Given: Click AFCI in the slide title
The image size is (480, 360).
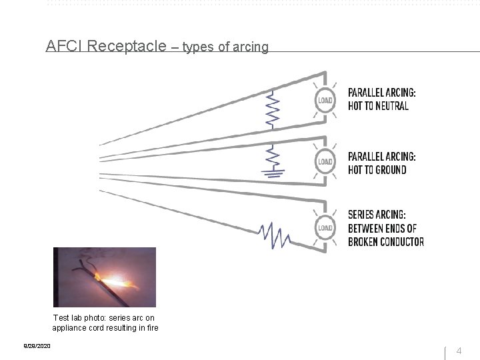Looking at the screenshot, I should tap(65, 46).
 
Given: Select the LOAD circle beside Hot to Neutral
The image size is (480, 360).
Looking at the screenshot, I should tap(325, 100).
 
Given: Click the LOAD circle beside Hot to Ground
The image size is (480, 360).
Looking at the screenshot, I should tap(325, 161).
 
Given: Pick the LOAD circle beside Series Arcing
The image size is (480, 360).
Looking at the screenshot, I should tap(325, 227).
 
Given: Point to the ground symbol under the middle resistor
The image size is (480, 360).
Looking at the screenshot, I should tap(273, 174).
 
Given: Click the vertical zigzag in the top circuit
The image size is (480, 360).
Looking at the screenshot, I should tap(273, 110).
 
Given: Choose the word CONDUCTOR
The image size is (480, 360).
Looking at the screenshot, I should tap(403, 241).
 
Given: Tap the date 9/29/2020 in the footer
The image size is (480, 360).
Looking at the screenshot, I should tap(37, 346).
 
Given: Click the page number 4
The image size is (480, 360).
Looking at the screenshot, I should tap(459, 351).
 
